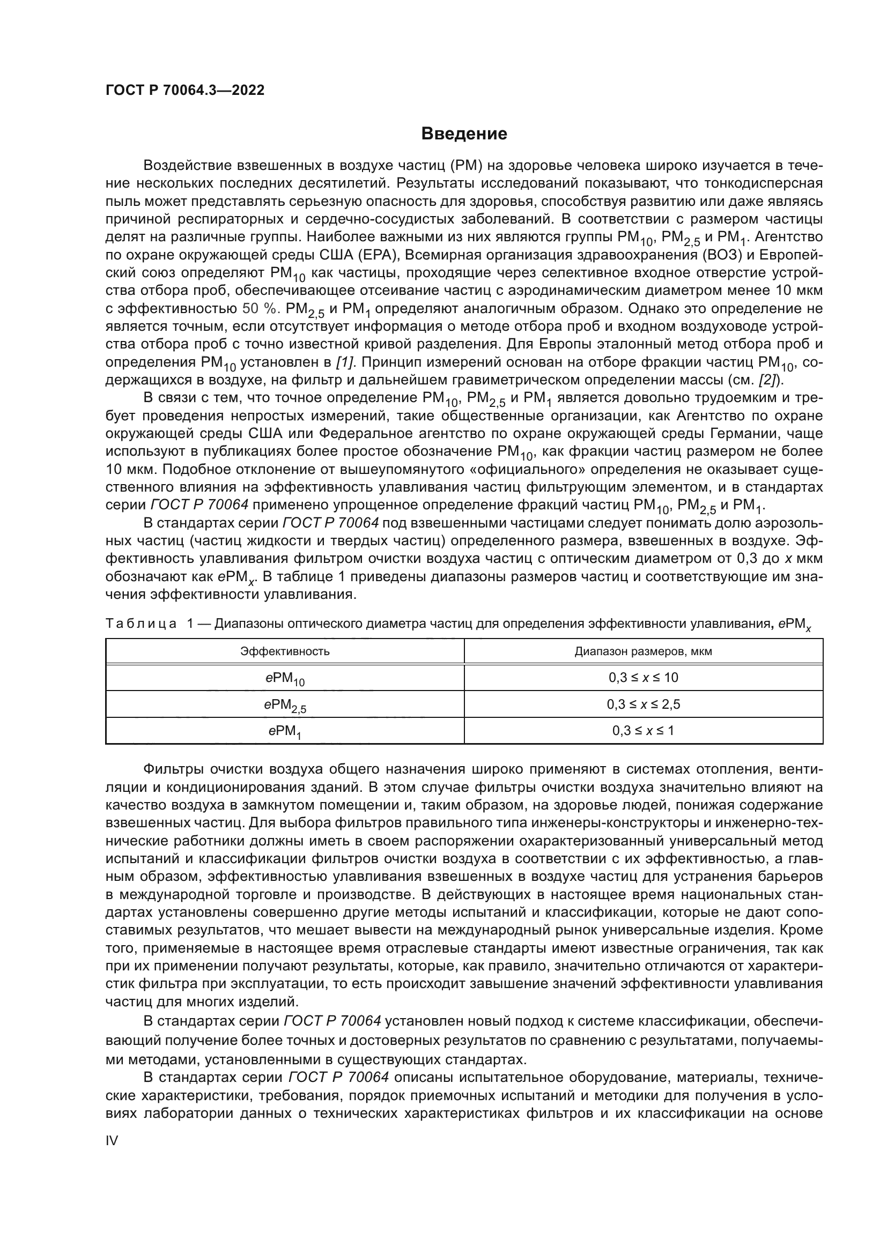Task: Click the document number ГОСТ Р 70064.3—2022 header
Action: tap(184, 91)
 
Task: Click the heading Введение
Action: tap(464, 134)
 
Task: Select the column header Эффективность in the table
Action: tap(285, 651)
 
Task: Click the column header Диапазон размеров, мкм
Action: tap(643, 651)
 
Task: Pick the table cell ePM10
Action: tap(285, 678)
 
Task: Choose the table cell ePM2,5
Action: tap(285, 705)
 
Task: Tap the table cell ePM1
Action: tap(285, 731)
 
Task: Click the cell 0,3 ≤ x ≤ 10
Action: tap(643, 678)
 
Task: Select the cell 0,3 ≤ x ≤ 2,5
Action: tap(643, 704)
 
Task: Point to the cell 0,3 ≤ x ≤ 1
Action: tap(643, 731)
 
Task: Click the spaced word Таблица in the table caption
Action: tap(141, 624)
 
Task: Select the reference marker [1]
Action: tap(346, 362)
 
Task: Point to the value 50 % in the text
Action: tap(259, 309)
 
